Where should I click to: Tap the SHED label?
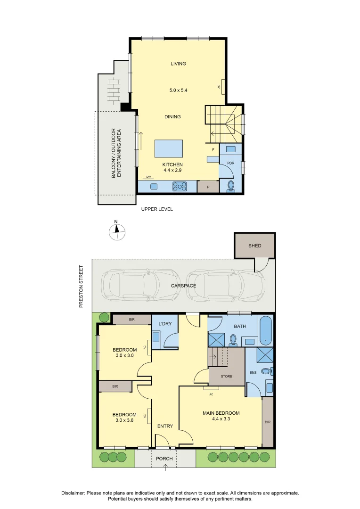(255, 246)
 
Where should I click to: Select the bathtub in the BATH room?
(266, 330)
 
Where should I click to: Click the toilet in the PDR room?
(231, 186)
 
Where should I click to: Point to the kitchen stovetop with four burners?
(180, 186)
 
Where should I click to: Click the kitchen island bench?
(169, 148)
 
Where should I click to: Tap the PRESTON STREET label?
(81, 287)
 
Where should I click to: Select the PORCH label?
(164, 459)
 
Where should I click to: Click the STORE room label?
(226, 376)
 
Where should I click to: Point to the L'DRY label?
(165, 324)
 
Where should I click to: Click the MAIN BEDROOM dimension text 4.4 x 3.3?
(221, 419)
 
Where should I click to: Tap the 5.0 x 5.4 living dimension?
(178, 90)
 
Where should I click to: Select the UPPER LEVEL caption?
(157, 209)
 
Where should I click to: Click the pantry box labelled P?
(208, 187)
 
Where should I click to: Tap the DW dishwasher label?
(148, 177)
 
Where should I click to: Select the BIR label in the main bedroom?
(268, 422)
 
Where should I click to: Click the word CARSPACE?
(183, 286)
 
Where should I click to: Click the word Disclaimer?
(74, 493)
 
